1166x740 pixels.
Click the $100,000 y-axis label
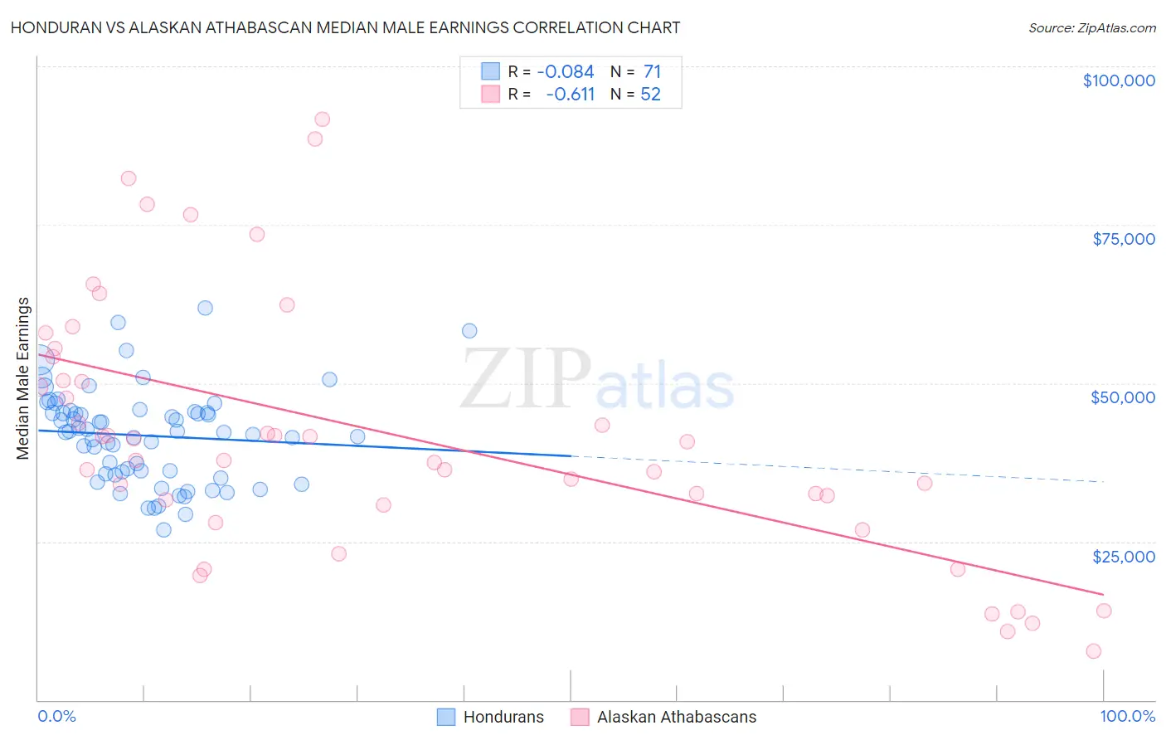pos(1119,80)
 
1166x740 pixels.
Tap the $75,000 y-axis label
pos(1124,239)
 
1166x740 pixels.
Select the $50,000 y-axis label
pos(1123,397)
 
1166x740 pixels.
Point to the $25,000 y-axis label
pos(1124,556)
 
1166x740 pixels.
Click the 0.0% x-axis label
pos(56,716)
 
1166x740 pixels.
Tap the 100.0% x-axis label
pos(1127,716)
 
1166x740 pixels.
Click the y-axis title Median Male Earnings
pos(23,378)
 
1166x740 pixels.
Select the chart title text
pos(345,27)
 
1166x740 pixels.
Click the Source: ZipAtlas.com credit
pos(1091,28)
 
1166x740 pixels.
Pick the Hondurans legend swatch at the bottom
pos(446,717)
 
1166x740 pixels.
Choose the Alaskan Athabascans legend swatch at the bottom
pos(580,717)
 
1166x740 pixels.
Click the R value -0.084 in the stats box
pos(566,72)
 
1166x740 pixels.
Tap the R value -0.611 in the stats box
pos(571,95)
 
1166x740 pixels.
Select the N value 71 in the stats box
pos(652,72)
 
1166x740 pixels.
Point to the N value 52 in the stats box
pos(651,95)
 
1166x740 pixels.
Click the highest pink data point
pos(322,119)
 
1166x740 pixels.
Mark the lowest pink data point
pos(1093,651)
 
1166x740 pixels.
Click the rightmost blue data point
pos(469,331)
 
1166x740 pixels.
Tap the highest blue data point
pos(205,308)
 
